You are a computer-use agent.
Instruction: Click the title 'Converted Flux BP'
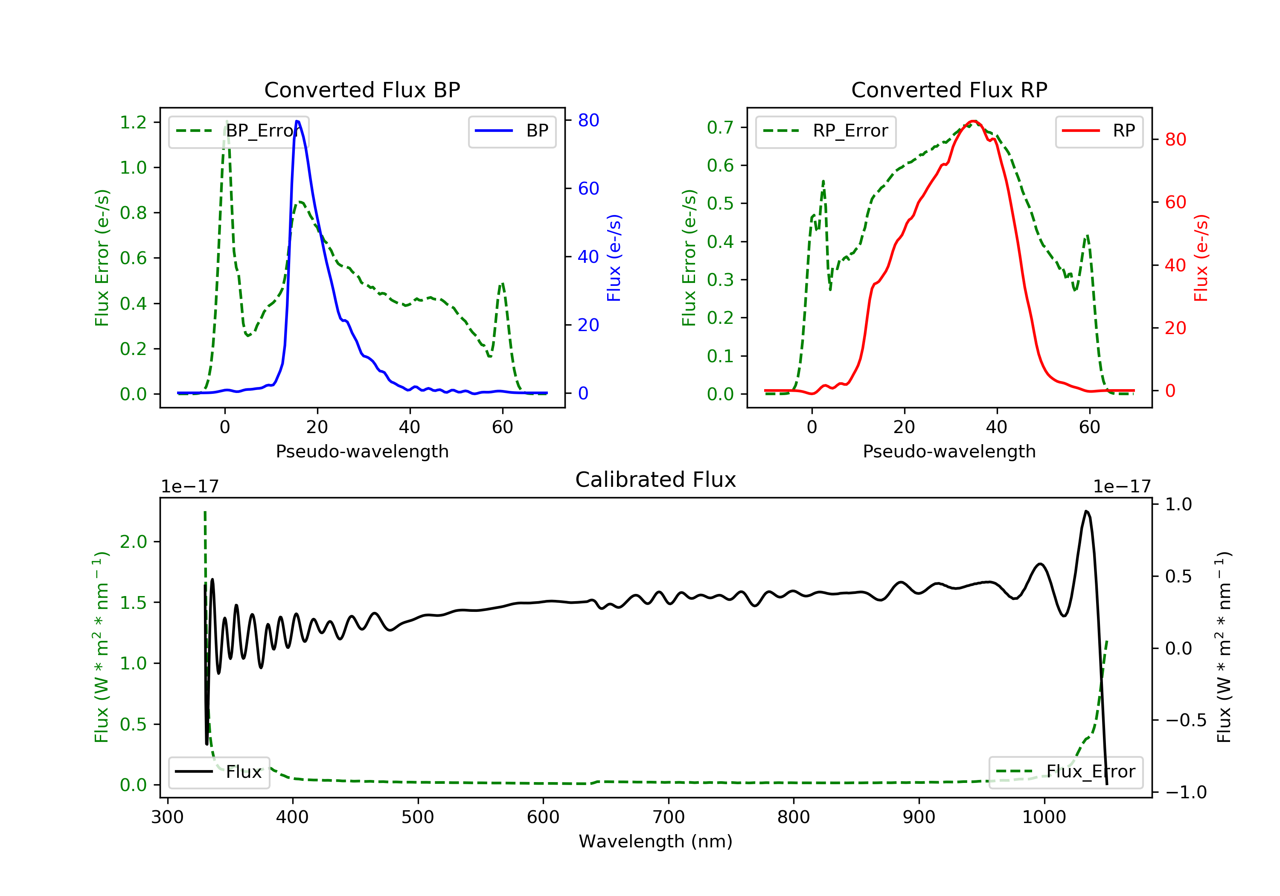[x=362, y=90]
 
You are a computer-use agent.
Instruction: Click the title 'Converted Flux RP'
[x=949, y=90]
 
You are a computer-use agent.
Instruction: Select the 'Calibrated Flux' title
[x=656, y=480]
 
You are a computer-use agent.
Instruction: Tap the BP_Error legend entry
[x=239, y=131]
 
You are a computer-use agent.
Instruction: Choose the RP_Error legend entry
[x=826, y=131]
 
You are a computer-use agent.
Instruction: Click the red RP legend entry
[x=1099, y=131]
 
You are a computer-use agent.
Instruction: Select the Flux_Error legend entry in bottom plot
[x=1065, y=772]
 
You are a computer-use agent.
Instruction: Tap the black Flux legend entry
[x=218, y=772]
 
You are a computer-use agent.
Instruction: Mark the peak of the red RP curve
[x=973, y=121]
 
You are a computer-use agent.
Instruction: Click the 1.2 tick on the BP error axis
[x=133, y=122]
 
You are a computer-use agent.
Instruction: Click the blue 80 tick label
[x=588, y=120]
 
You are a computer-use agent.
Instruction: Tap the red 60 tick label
[x=1175, y=202]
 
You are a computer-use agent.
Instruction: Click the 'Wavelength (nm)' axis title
[x=656, y=841]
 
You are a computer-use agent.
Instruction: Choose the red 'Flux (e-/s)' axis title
[x=1201, y=258]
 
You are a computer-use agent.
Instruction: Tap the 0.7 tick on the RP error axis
[x=720, y=127]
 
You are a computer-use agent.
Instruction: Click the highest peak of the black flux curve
[x=1086, y=511]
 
